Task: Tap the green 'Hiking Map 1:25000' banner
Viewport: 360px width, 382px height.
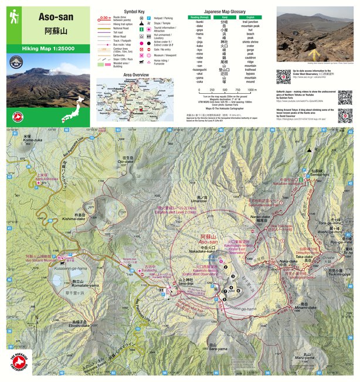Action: click(x=48, y=49)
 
